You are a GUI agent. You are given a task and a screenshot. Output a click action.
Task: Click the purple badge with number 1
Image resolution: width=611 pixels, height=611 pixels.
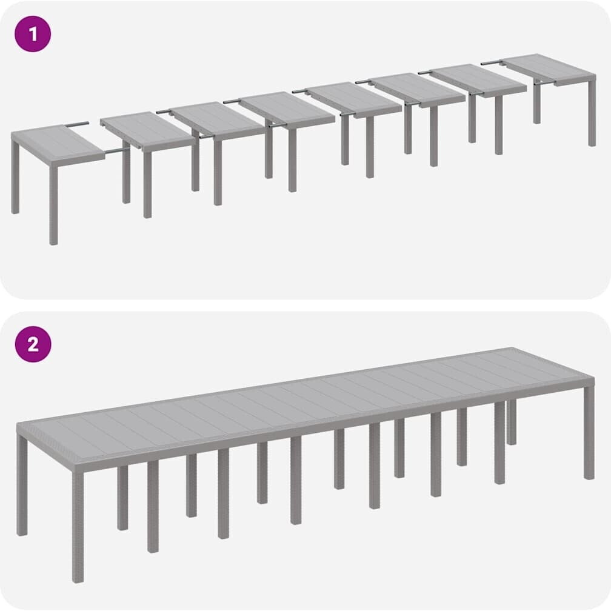pos(33,34)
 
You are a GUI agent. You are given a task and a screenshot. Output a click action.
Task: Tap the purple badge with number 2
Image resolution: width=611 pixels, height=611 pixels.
pos(33,344)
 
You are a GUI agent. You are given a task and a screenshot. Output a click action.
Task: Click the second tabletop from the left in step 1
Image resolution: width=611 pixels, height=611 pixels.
pos(148,131)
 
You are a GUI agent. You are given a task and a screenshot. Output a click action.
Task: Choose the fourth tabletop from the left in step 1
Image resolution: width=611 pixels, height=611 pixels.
pos(287,108)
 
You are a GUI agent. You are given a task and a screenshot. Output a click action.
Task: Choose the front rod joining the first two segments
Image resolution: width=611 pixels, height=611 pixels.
pos(117,151)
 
